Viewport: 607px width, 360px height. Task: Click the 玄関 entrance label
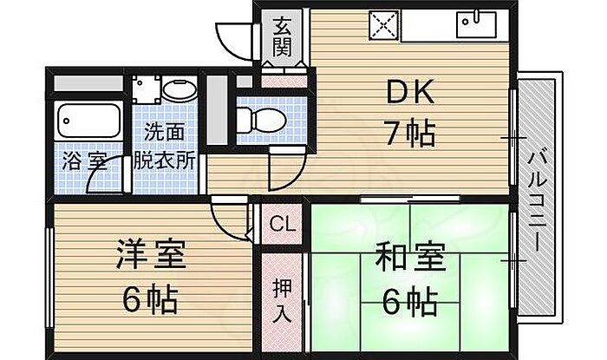pos(282,36)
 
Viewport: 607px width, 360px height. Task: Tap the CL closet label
pos(281,224)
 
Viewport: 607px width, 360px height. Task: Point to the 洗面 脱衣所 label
pos(164,147)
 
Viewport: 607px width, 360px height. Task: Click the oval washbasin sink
pos(179,89)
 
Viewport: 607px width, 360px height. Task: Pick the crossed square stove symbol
pos(382,26)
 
